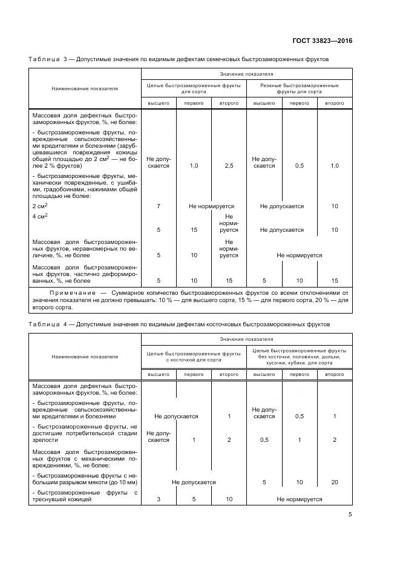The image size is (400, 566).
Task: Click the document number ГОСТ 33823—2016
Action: tap(322, 41)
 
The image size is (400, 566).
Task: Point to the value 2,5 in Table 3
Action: tap(229, 165)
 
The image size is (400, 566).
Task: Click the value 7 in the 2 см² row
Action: tap(159, 206)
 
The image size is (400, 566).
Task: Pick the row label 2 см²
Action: tap(40, 206)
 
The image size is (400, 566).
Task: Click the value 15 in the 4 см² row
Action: tap(194, 230)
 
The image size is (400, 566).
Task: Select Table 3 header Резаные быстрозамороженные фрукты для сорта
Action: tap(299, 88)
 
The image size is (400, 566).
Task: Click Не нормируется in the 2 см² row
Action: tap(211, 206)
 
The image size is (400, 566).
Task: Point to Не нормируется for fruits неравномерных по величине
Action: tap(299, 255)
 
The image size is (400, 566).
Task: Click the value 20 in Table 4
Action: tap(335, 482)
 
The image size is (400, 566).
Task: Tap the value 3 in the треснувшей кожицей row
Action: tap(159, 499)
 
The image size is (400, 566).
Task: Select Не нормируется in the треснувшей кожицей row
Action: tap(299, 499)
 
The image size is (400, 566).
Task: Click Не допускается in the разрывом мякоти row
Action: tap(194, 482)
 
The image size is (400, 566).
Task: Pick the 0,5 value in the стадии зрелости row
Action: tap(264, 440)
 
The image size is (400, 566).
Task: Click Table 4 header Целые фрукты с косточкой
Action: tap(194, 355)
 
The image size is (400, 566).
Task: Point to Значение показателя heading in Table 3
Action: tap(246, 73)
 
